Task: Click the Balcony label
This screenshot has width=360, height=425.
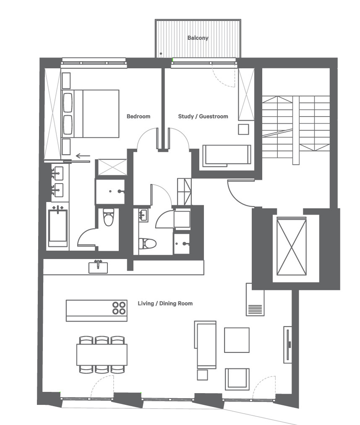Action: (x=198, y=38)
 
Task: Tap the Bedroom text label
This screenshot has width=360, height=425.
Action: (x=138, y=116)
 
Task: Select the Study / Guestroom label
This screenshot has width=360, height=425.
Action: (x=203, y=116)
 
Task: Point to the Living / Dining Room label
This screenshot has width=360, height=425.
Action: (x=165, y=303)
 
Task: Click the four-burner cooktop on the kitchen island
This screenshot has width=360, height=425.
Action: (x=119, y=308)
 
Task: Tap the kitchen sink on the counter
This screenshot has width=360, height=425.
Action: (x=98, y=267)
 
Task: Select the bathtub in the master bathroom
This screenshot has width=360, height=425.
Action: (x=58, y=228)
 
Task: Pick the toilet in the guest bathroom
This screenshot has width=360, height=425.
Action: (x=148, y=243)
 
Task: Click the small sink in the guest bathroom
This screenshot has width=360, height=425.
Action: (x=143, y=215)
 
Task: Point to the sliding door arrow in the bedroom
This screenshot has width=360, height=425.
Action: (x=83, y=155)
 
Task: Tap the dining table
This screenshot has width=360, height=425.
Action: (x=102, y=355)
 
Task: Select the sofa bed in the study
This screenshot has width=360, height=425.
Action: (x=227, y=155)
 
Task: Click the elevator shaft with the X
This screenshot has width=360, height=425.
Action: (x=292, y=246)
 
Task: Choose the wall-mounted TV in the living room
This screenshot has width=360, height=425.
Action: (x=287, y=345)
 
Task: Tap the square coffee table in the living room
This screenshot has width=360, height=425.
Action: (x=237, y=340)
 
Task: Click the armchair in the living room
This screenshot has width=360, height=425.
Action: (x=237, y=379)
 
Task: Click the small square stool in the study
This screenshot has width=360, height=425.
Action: (x=243, y=129)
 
